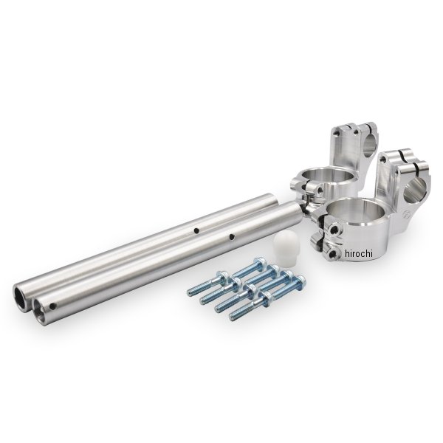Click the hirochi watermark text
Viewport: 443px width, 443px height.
tap(359, 253)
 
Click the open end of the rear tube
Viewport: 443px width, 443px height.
tap(20, 295)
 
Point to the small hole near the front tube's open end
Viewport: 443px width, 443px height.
tap(52, 306)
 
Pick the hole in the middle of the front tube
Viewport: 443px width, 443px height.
tap(232, 236)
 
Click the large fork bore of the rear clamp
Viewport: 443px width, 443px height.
tap(327, 176)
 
